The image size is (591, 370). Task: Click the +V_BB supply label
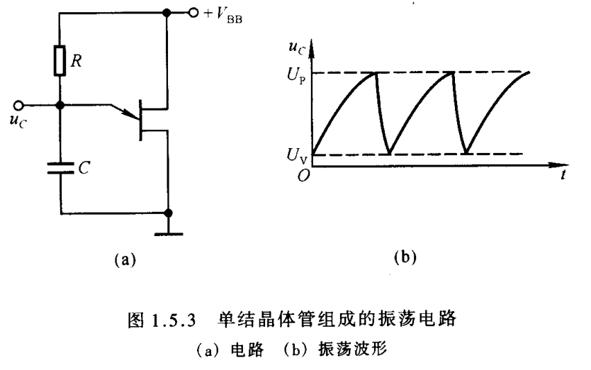point(225,13)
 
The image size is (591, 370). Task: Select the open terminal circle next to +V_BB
point(193,12)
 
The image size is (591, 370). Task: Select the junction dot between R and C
point(60,105)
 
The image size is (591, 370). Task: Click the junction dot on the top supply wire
point(168,12)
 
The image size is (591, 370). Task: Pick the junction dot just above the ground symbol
point(169,212)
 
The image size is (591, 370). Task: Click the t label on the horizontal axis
point(562,176)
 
